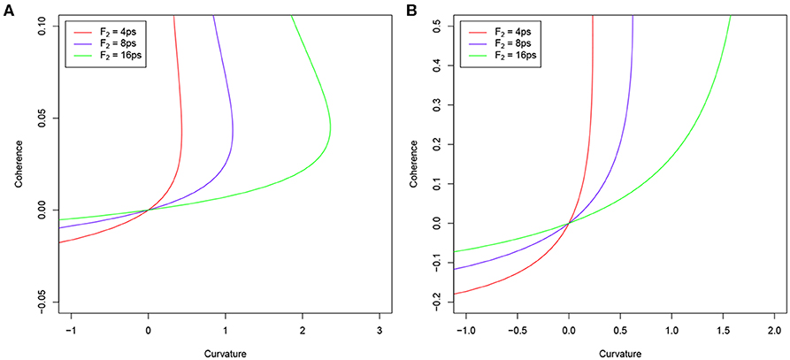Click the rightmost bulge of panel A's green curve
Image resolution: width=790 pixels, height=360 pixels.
(330, 131)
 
